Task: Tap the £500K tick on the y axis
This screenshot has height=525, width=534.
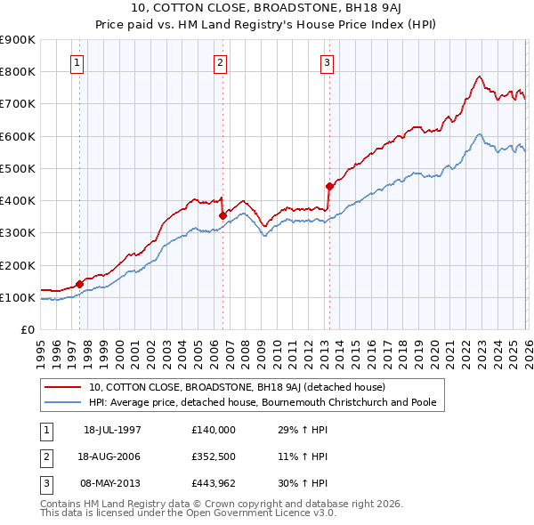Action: [x=18, y=168]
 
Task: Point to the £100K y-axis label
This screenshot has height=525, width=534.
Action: [x=18, y=297]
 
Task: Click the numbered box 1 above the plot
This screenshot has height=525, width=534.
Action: [x=78, y=62]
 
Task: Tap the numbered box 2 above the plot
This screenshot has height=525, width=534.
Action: [x=220, y=62]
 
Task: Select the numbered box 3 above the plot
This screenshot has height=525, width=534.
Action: [x=327, y=62]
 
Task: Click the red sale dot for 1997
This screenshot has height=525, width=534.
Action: [x=80, y=285]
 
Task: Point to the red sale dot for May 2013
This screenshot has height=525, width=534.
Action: [x=329, y=186]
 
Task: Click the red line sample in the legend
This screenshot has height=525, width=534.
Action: [x=64, y=388]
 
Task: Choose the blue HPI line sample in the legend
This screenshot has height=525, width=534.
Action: [x=64, y=402]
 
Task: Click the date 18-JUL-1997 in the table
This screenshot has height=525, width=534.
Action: [x=112, y=430]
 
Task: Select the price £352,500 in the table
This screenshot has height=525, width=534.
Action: [x=214, y=456]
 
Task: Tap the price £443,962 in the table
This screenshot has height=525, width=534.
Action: [x=214, y=483]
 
